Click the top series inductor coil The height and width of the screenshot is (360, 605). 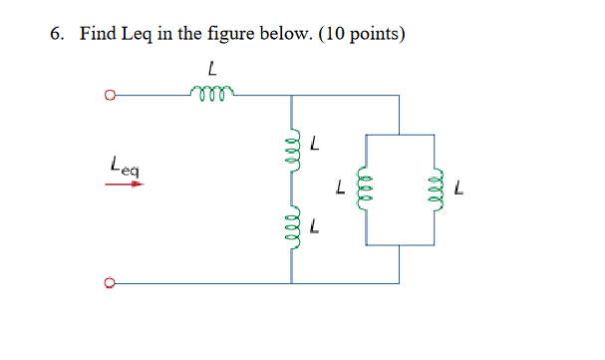pos(211,94)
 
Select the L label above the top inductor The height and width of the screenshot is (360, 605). pos(212,69)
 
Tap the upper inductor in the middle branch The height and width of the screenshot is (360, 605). pos(292,155)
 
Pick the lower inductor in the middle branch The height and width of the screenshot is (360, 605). pos(292,230)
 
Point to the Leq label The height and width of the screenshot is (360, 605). pos(125,169)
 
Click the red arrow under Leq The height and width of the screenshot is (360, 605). pos(125,183)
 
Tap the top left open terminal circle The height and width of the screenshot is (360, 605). pos(110,97)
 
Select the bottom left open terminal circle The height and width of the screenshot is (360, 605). pos(110,283)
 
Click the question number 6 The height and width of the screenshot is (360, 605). pos(57,35)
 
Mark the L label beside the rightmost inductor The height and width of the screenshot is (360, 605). pos(459,186)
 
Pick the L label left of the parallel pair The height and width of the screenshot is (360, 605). pos(341,186)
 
